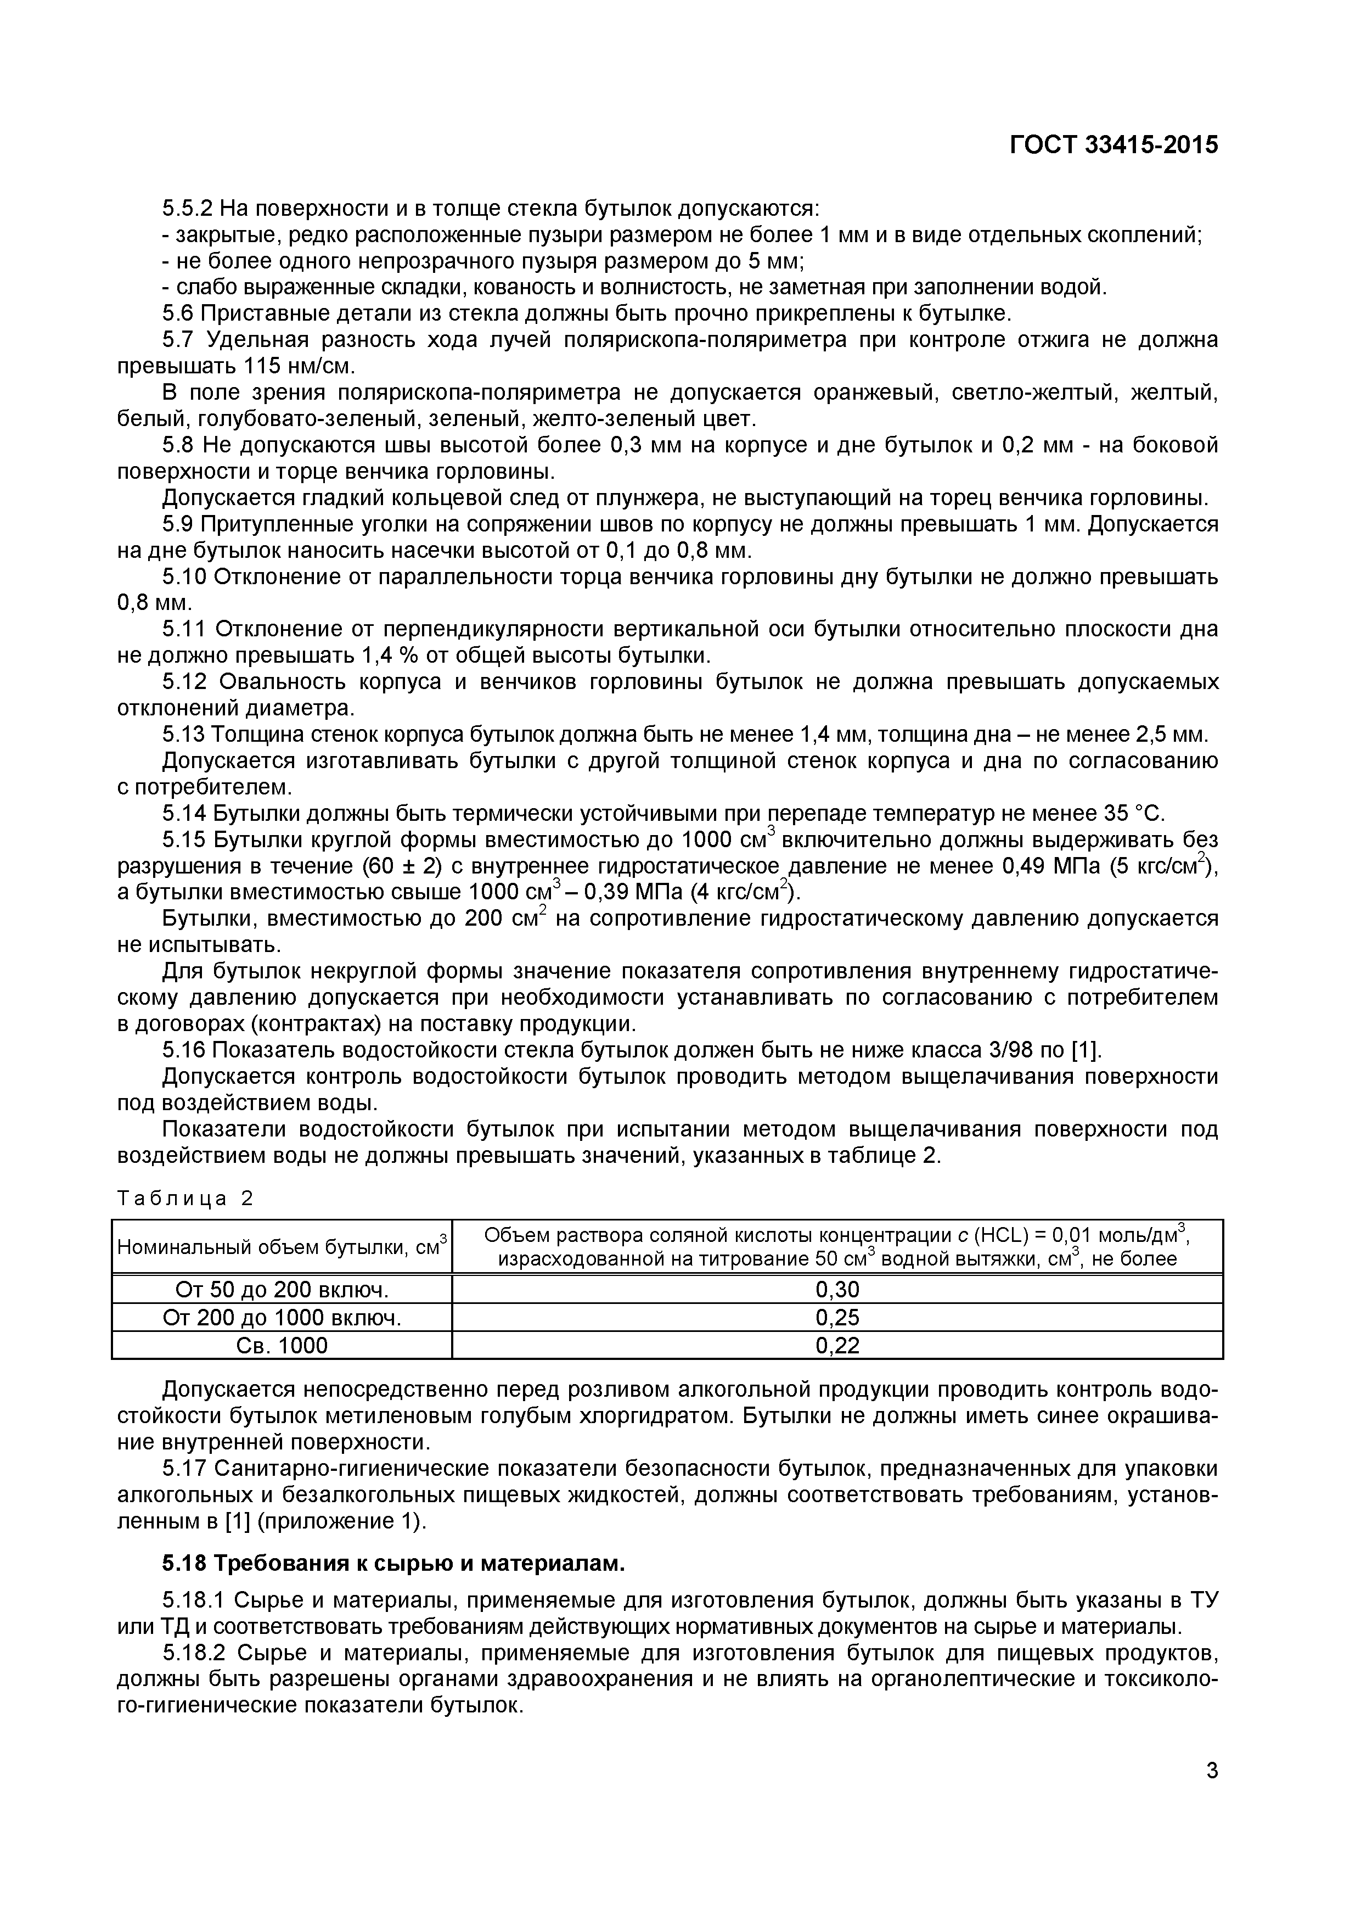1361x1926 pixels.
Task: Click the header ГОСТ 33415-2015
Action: (x=1113, y=145)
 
